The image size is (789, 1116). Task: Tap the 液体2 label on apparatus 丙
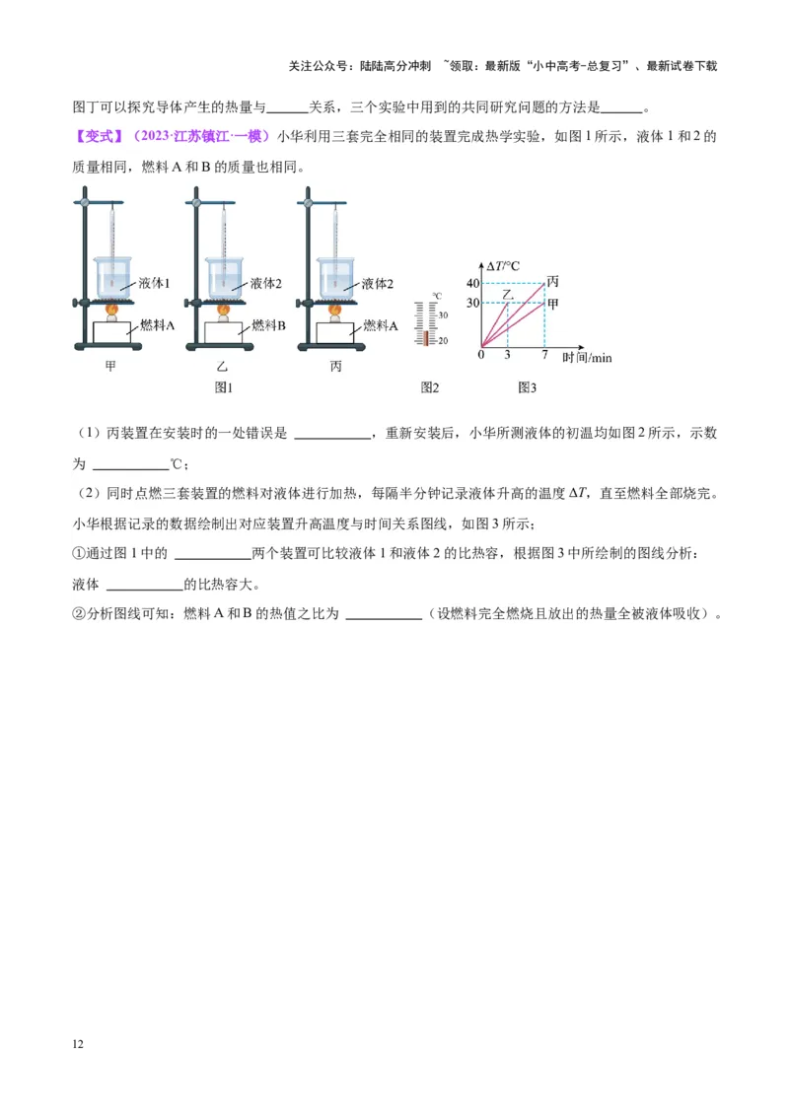coord(378,283)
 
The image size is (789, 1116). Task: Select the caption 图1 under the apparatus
coord(224,388)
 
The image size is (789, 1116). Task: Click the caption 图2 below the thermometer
coord(430,388)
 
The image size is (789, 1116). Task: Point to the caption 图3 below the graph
coord(528,388)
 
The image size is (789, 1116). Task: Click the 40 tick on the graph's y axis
coord(472,284)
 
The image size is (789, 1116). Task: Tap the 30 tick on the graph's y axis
coord(472,303)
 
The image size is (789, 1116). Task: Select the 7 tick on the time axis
coord(544,355)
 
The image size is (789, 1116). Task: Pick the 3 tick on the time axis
coord(507,355)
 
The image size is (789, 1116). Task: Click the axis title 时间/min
coord(588,358)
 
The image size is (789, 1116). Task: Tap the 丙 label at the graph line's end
coord(552,282)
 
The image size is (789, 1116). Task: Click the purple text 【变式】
coord(100,136)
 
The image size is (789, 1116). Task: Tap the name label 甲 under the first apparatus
coord(111,367)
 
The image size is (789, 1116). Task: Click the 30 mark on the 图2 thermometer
coord(443,315)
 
